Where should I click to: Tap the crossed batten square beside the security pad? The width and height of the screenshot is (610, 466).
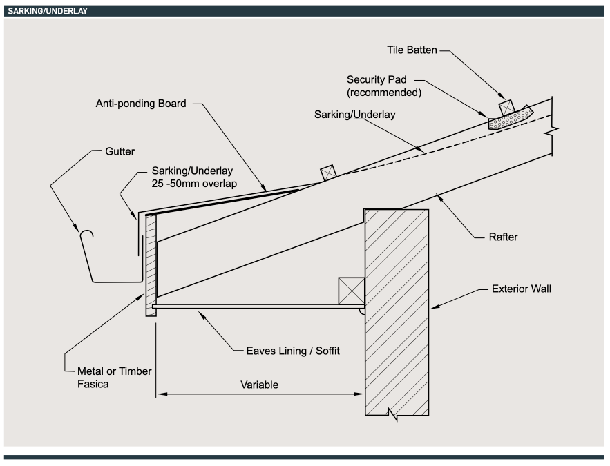tap(506, 106)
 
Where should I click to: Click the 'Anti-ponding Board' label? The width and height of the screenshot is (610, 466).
tap(141, 104)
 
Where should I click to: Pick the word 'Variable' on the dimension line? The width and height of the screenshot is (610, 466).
tap(259, 385)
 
